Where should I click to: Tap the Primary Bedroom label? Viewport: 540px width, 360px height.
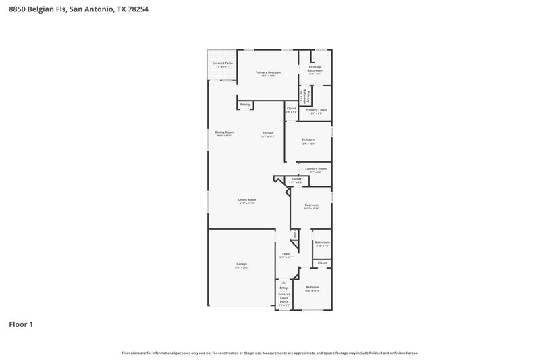[x=269, y=72]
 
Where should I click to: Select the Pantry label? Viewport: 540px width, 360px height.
[x=245, y=104]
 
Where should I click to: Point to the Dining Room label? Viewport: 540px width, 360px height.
[x=224, y=132]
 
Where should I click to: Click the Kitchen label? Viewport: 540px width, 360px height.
[x=268, y=133]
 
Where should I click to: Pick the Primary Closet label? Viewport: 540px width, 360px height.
[x=316, y=110]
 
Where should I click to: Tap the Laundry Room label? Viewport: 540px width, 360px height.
[x=316, y=168]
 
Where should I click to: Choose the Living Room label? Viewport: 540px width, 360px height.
[x=247, y=200]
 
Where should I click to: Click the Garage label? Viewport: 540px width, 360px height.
[x=242, y=264]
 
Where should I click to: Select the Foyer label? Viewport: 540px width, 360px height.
[x=286, y=254]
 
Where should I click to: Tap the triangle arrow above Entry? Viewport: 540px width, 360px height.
[x=283, y=282]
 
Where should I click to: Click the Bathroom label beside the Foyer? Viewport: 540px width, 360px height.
[x=323, y=242]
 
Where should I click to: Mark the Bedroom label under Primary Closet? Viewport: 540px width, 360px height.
[x=308, y=140]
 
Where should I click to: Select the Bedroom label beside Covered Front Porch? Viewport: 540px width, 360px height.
[x=312, y=288]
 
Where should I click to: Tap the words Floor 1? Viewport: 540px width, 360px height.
[x=21, y=324]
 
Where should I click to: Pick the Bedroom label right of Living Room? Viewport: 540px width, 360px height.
[x=311, y=205]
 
